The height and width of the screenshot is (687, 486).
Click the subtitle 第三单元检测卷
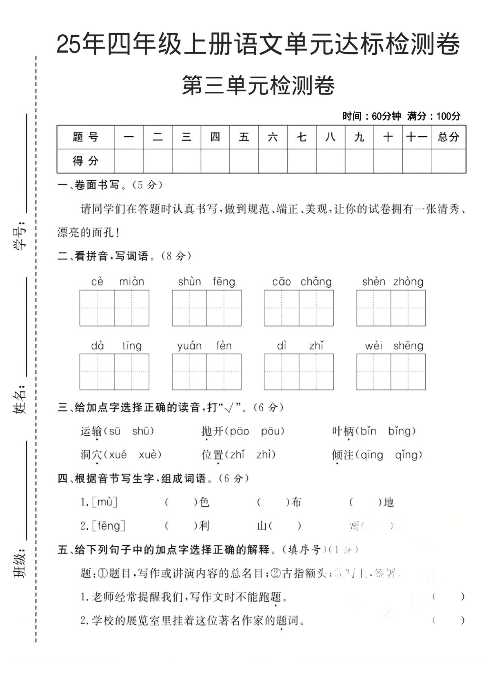point(258,85)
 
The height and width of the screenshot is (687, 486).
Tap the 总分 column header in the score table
point(448,137)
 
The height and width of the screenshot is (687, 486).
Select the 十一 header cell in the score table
point(416,137)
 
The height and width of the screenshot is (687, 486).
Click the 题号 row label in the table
point(86,137)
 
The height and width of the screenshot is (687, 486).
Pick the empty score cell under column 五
point(244,161)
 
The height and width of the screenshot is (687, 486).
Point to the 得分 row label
point(86,161)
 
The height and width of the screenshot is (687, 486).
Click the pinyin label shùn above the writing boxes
point(189,281)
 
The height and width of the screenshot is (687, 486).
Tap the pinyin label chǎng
point(316,281)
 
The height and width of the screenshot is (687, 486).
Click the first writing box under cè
point(97,308)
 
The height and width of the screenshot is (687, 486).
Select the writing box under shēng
point(408,372)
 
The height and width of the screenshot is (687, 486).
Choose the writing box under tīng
point(132,372)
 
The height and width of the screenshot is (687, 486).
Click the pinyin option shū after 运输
point(143,431)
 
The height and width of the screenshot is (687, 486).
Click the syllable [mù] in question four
point(104,502)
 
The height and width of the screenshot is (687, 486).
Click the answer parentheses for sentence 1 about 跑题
point(448,597)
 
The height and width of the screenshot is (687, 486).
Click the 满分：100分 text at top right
point(433,116)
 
